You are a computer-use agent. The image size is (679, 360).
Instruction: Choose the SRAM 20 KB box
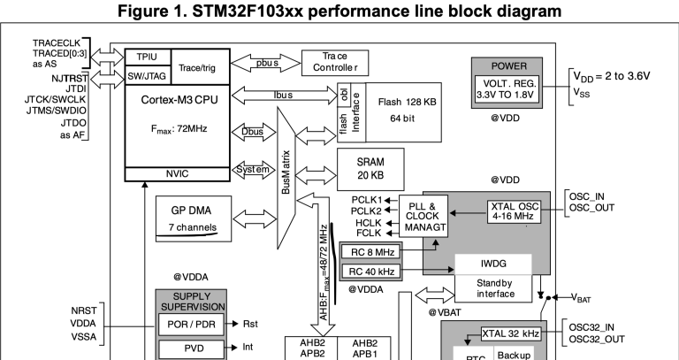pos(370,168)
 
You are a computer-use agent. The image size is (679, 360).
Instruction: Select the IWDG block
pos(492,264)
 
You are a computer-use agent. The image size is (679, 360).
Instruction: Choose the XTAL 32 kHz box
pos(509,333)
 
